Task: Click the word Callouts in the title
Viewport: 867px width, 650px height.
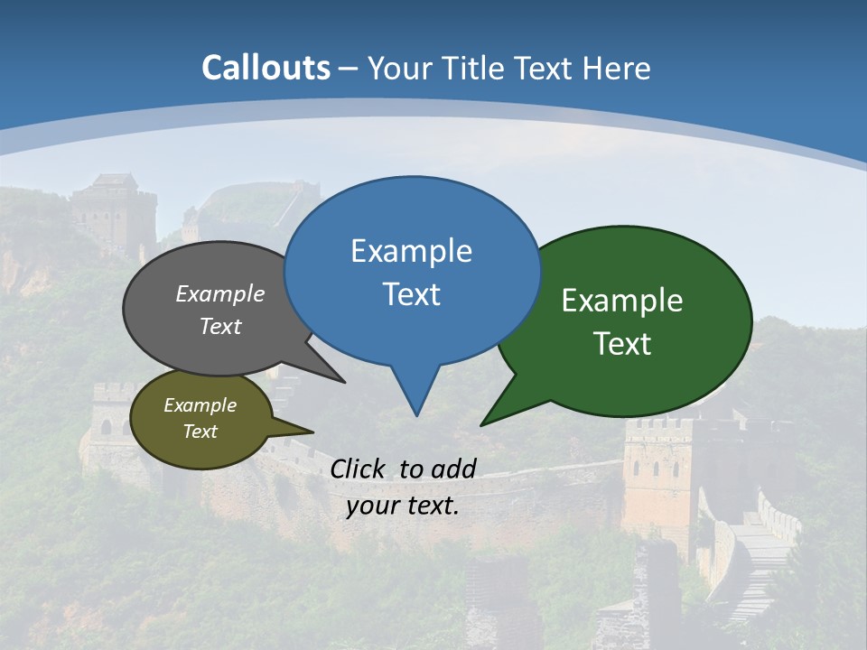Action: (266, 68)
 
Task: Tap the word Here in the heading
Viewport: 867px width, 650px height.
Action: (618, 68)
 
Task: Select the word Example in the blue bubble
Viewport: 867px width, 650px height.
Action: (411, 251)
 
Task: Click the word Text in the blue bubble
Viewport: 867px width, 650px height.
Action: (411, 294)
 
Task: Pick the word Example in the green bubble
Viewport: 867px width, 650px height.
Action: (622, 301)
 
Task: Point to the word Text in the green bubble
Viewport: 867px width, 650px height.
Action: (622, 344)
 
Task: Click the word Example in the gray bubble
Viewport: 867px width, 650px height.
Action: (220, 294)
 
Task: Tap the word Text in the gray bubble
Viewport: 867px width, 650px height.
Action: (220, 327)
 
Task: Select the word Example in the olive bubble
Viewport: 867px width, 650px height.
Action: (200, 405)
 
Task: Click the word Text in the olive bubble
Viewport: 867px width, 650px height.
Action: (200, 432)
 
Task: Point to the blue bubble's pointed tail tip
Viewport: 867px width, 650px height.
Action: (416, 415)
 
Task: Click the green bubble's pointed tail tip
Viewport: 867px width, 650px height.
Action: (481, 424)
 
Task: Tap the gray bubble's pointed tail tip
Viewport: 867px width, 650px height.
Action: (344, 382)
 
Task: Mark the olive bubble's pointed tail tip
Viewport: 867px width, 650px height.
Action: (312, 432)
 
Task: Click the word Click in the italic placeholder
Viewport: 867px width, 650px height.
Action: (357, 469)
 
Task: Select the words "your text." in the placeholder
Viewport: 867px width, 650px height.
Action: (403, 506)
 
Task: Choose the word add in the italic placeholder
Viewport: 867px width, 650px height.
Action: (453, 469)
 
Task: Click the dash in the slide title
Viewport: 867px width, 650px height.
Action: (348, 69)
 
